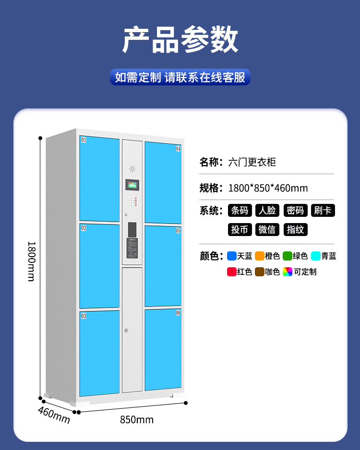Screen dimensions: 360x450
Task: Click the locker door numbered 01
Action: [99, 178]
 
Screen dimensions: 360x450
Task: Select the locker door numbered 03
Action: [99, 353]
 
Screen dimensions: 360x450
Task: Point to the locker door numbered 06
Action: [163, 349]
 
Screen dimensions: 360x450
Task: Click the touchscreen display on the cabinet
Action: [132, 186]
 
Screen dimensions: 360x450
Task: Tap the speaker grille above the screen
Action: [132, 169]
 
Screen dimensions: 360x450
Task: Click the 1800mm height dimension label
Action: [31, 261]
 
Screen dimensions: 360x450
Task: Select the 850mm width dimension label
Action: [137, 420]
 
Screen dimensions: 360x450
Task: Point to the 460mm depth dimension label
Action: [54, 415]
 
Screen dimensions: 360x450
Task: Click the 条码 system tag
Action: [240, 210]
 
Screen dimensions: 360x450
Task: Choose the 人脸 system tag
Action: [267, 210]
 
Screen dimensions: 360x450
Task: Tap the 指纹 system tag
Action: [295, 229]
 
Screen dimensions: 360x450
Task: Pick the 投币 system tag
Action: [240, 229]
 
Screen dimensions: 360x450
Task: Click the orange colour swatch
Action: [259, 256]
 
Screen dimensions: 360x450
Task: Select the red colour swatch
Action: [231, 272]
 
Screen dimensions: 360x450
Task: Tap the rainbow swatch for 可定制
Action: [287, 272]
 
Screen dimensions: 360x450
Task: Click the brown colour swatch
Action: [259, 272]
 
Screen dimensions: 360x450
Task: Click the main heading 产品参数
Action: [180, 40]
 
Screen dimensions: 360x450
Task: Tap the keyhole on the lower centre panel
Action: [126, 331]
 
